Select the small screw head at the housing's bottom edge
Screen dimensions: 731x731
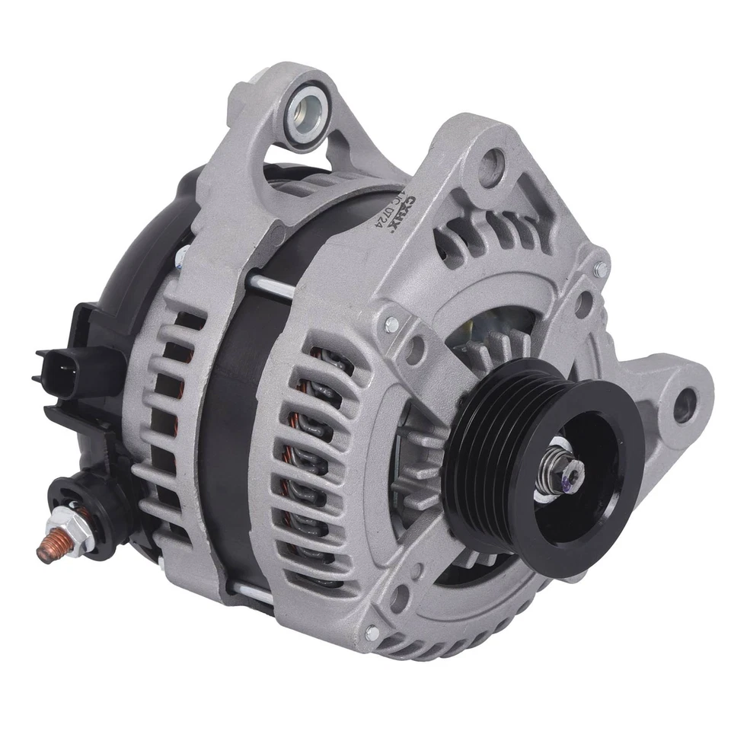[x=372, y=631]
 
